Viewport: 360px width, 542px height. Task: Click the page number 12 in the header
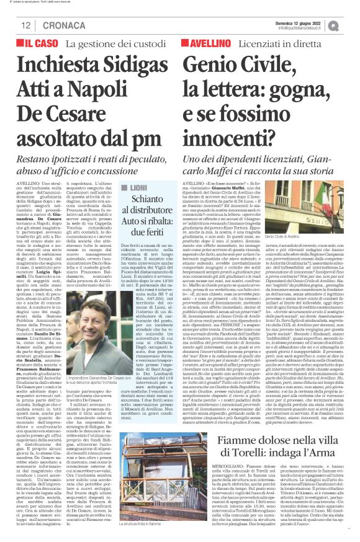pyautogui.click(x=26, y=25)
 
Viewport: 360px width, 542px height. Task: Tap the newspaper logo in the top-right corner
pyautogui.click(x=351, y=25)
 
